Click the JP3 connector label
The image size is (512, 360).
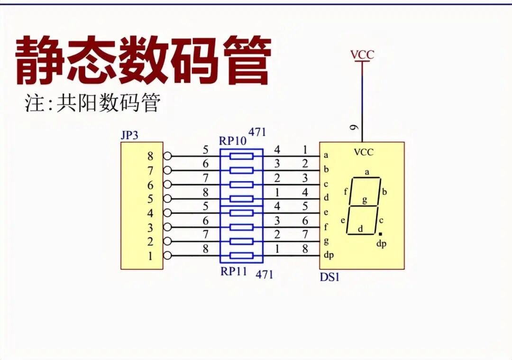(129, 135)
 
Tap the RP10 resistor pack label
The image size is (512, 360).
(233, 141)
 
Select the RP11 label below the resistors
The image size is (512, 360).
(234, 272)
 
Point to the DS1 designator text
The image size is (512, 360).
(329, 277)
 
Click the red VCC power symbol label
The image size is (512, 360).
(362, 55)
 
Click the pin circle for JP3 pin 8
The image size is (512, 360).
(167, 156)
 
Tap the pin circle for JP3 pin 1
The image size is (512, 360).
(167, 256)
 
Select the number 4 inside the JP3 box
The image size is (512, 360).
(150, 213)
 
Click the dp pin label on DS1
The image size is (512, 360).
(329, 255)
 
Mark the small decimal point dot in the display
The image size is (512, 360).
(380, 234)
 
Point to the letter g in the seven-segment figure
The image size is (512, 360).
(365, 200)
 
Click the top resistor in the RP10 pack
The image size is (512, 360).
(241, 156)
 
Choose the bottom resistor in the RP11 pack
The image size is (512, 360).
(241, 256)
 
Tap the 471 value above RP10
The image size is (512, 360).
(257, 133)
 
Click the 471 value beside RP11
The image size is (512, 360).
(264, 274)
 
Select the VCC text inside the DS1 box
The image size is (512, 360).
(364, 152)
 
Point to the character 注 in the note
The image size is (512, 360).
(35, 103)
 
